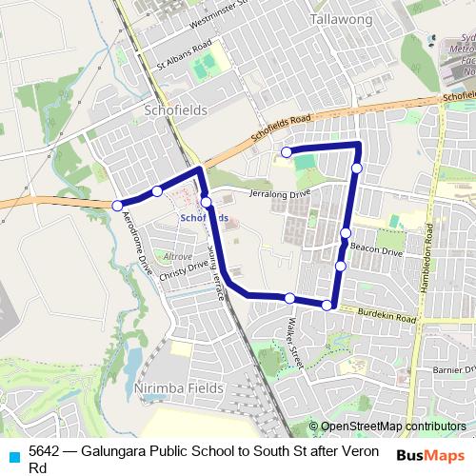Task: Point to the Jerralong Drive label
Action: (280, 193)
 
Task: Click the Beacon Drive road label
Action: (377, 249)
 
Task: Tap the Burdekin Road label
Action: (387, 316)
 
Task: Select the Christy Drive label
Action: (184, 269)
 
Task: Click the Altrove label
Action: (178, 257)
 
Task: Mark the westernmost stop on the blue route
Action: (118, 206)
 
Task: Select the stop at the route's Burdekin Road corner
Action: (327, 305)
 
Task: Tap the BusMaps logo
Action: (429, 454)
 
